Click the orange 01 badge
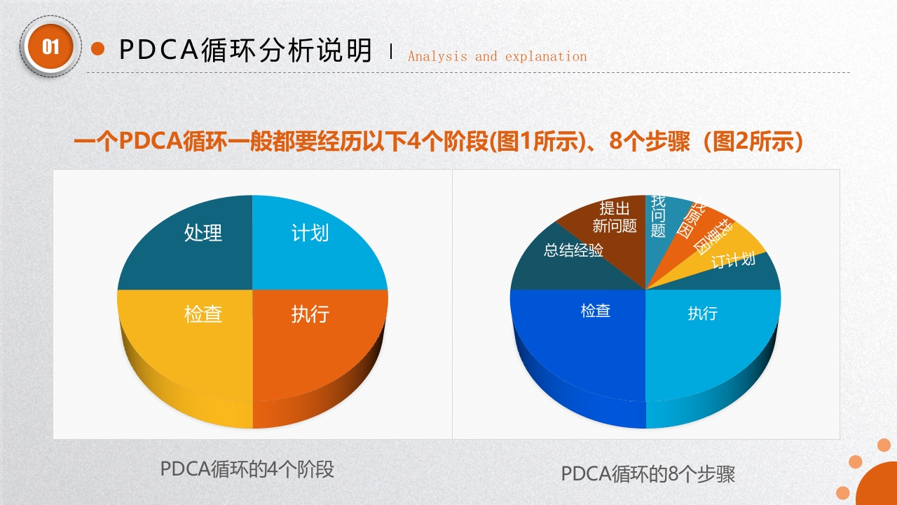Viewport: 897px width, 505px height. pyautogui.click(x=50, y=47)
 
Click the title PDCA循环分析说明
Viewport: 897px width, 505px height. pyautogui.click(x=245, y=50)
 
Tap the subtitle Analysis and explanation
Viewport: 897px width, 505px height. pyautogui.click(x=497, y=57)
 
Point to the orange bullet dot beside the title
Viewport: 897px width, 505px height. pyautogui.click(x=98, y=48)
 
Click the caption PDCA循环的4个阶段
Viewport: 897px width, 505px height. pyautogui.click(x=247, y=469)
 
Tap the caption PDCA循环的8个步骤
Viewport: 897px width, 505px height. pyautogui.click(x=648, y=474)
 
